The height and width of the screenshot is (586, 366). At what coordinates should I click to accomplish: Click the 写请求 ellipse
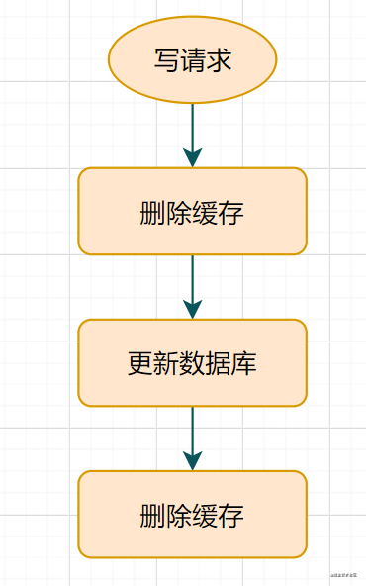193,59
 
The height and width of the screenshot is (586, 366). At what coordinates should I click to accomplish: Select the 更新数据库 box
193,363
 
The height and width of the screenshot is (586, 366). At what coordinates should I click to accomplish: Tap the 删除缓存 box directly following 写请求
193,212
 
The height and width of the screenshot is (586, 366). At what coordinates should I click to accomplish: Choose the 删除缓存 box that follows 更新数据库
193,515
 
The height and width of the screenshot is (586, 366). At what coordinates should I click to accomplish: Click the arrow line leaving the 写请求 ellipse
193,125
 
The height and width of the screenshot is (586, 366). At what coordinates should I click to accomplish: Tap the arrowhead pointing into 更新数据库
193,309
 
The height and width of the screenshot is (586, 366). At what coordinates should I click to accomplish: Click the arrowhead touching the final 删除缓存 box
193,460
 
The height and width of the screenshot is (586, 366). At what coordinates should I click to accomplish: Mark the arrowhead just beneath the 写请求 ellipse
193,157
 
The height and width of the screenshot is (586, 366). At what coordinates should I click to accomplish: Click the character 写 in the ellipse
166,60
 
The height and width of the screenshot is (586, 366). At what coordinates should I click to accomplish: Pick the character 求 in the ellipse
220,60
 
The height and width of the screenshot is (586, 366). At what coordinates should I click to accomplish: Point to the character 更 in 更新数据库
140,363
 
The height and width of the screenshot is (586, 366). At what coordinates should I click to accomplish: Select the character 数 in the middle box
193,363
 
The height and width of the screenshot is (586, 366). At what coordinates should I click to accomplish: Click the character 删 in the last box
153,516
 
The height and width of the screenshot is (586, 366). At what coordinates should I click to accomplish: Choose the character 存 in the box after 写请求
232,213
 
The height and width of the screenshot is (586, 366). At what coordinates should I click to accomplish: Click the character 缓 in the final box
206,516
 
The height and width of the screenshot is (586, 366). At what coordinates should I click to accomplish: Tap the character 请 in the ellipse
193,60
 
